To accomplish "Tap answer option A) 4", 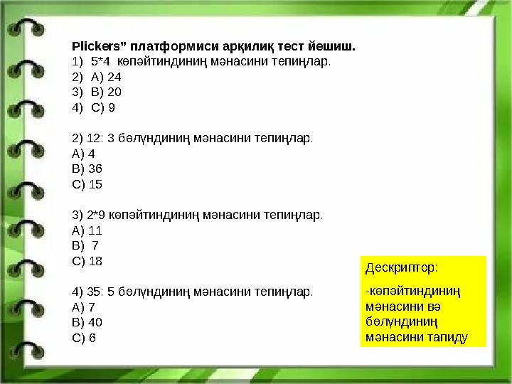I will [84, 154].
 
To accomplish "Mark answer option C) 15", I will [87, 184].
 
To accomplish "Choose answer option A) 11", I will [87, 230].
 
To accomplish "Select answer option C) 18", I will [87, 261].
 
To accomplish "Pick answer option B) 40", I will [87, 322].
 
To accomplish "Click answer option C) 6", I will [84, 338].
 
